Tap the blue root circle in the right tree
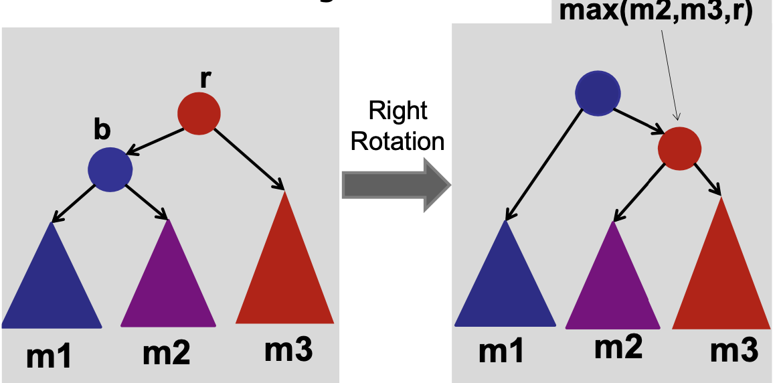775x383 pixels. point(597,92)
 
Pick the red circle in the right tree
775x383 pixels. point(679,147)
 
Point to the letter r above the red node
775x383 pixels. point(205,78)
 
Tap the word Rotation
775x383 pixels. point(398,142)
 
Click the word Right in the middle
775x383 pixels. point(399,111)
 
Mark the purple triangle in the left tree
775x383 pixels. point(167,281)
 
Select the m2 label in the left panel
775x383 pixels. point(166,353)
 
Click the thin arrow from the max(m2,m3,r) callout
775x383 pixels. point(670,74)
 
